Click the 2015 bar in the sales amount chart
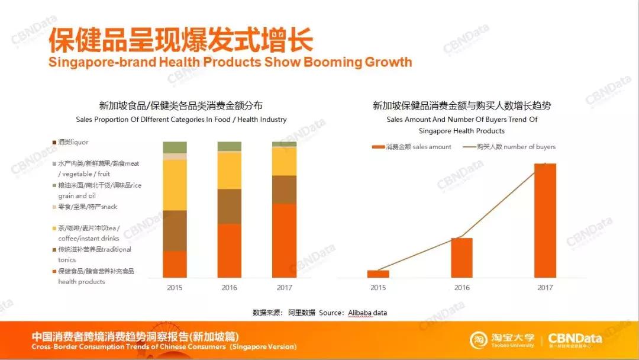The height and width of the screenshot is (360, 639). pyautogui.click(x=378, y=274)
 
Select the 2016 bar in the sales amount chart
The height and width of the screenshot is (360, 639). pyautogui.click(x=461, y=258)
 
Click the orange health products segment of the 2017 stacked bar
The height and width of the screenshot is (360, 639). pyautogui.click(x=284, y=240)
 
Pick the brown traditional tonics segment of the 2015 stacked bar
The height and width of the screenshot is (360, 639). pyautogui.click(x=175, y=230)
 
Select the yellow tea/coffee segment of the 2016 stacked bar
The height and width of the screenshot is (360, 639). pyautogui.click(x=230, y=171)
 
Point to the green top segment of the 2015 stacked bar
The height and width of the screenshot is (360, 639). pyautogui.click(x=175, y=147)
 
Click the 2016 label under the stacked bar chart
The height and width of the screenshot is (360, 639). pyautogui.click(x=230, y=288)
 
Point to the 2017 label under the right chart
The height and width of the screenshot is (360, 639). pyautogui.click(x=545, y=288)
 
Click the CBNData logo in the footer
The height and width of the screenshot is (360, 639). pyautogui.click(x=575, y=339)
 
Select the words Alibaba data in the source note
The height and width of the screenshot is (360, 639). pyautogui.click(x=367, y=313)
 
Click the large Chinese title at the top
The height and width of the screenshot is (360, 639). pyautogui.click(x=180, y=40)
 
